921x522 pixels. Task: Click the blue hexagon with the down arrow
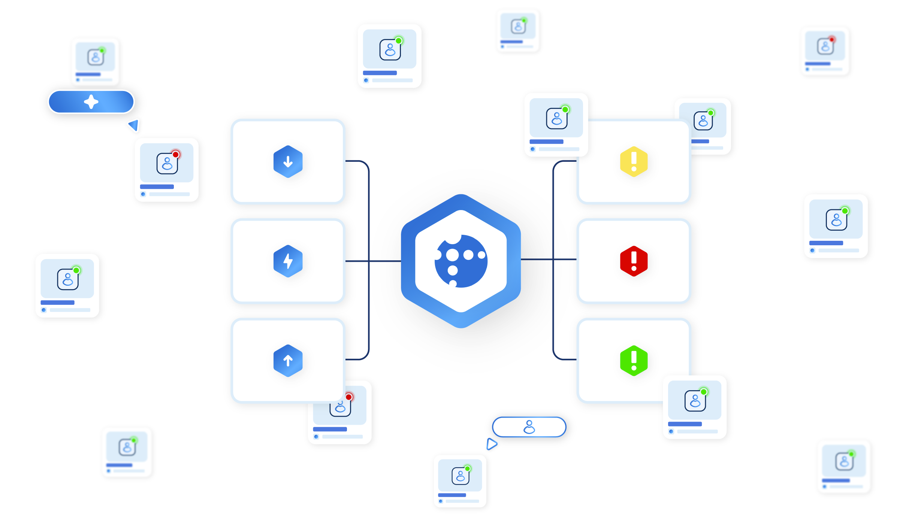coord(288,161)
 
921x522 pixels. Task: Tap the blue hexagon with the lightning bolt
coord(288,261)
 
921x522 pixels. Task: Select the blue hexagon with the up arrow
coord(288,361)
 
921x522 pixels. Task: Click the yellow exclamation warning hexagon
coord(634,161)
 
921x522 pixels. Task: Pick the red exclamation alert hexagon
coord(634,261)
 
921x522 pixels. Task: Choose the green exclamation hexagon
coord(634,361)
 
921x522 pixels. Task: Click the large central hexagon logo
coord(461,261)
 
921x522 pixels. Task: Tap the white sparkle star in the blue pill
coord(91,102)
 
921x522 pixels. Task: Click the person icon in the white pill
coord(529,427)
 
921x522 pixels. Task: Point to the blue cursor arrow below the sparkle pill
coord(134,125)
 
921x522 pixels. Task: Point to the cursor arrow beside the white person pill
coord(491,444)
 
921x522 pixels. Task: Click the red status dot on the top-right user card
coord(831,39)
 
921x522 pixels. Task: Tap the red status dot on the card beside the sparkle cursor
coord(175,155)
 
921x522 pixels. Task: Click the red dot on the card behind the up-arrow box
coord(348,397)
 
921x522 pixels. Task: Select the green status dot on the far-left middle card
coord(76,270)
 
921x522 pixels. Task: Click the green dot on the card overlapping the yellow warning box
coord(565,110)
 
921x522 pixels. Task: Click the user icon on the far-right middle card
coord(836,220)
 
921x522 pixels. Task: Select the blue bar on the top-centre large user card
coord(380,73)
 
